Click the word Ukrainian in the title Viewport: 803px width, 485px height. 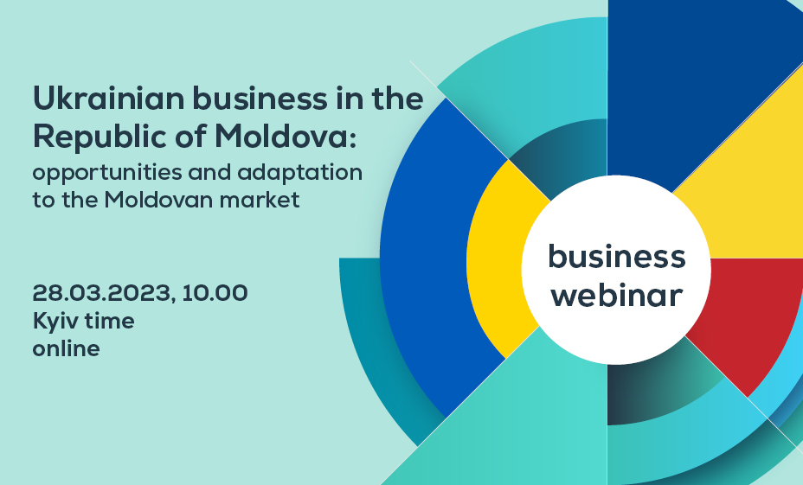[108, 99]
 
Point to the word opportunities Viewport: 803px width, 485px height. [107, 174]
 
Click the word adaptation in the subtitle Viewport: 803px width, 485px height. [300, 174]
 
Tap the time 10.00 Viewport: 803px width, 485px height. [215, 292]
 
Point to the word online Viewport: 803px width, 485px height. [66, 348]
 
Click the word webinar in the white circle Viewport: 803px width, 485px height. [617, 295]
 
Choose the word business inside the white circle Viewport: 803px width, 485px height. [617, 256]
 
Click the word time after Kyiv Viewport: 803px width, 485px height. [110, 322]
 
